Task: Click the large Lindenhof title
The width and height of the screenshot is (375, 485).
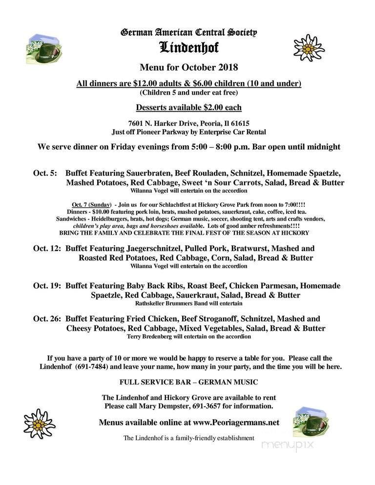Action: (x=188, y=48)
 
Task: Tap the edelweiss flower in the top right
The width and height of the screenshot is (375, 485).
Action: (x=309, y=48)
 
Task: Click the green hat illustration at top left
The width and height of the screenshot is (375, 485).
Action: (x=44, y=48)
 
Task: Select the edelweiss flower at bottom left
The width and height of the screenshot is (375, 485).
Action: (x=40, y=423)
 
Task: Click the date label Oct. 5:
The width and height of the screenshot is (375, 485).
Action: (x=45, y=173)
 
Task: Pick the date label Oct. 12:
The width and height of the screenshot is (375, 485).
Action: (x=47, y=248)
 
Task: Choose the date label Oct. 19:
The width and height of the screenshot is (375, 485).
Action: (x=47, y=285)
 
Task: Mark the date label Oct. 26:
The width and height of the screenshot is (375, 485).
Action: (x=47, y=319)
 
